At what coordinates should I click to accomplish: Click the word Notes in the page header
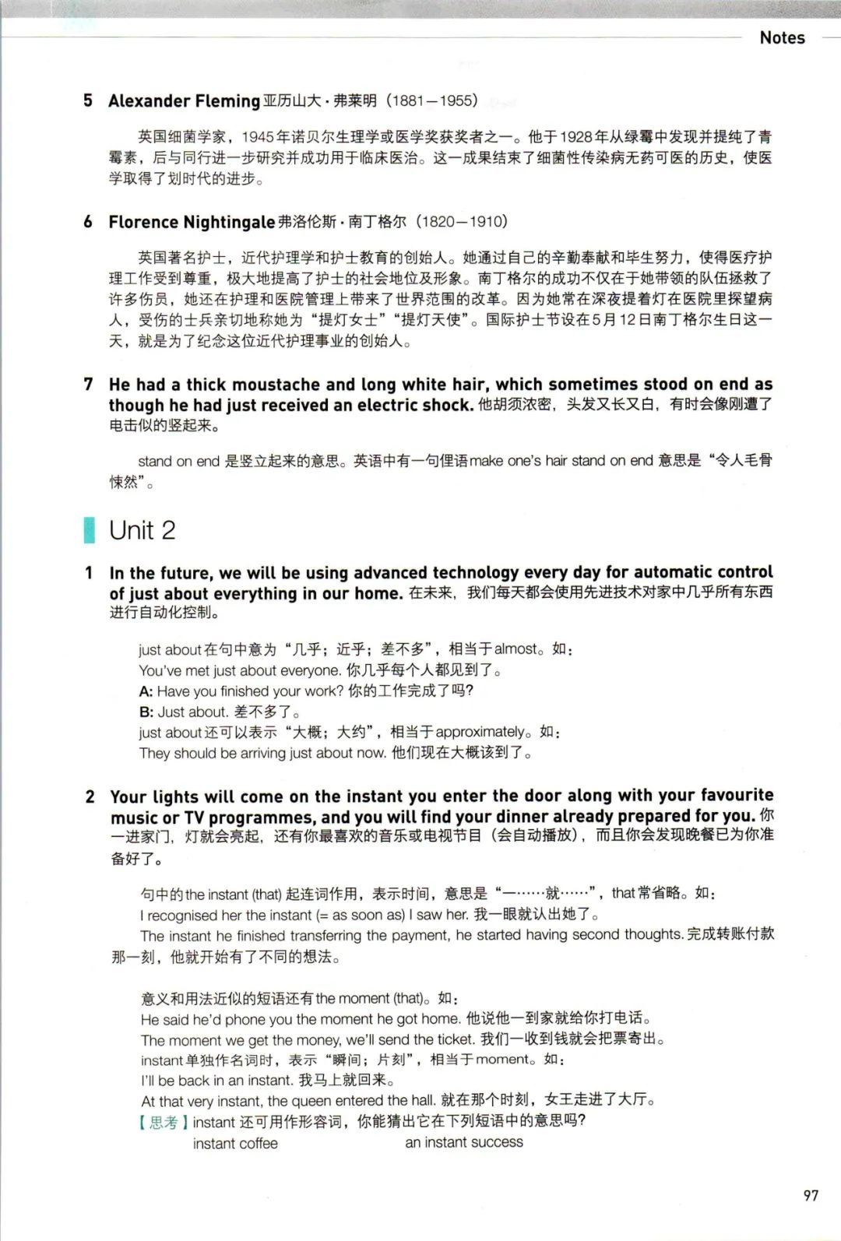click(782, 37)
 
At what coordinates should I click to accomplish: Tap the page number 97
click(811, 1194)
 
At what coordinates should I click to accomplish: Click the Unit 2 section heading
click(143, 530)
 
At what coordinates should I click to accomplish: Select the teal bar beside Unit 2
click(90, 530)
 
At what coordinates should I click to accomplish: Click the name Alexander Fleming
click(184, 100)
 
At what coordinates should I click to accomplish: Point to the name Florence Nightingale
click(192, 222)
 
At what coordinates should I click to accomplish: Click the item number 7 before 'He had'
click(88, 384)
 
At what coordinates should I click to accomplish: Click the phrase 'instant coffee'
click(235, 1143)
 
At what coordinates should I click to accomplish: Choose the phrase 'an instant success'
click(464, 1142)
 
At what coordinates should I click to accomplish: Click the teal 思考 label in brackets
click(164, 1121)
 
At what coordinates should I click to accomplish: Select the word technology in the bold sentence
click(476, 573)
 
